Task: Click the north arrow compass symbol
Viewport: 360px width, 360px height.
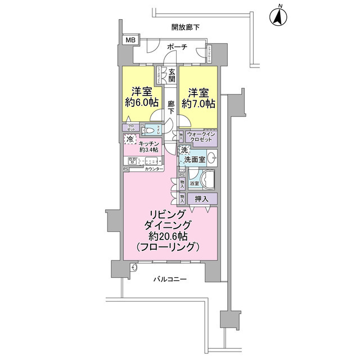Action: point(277,17)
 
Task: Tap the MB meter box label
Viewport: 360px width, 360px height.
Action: point(130,40)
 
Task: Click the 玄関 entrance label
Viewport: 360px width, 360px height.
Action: point(172,75)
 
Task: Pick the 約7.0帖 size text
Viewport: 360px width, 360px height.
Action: point(201,104)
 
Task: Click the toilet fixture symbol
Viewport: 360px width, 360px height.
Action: point(149,130)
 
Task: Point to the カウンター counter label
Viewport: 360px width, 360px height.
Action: point(154,169)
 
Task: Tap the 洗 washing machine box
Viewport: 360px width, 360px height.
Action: point(184,151)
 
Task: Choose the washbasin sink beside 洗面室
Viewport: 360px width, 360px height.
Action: point(211,157)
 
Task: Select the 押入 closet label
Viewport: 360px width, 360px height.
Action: point(201,198)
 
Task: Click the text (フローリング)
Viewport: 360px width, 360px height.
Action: point(169,247)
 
